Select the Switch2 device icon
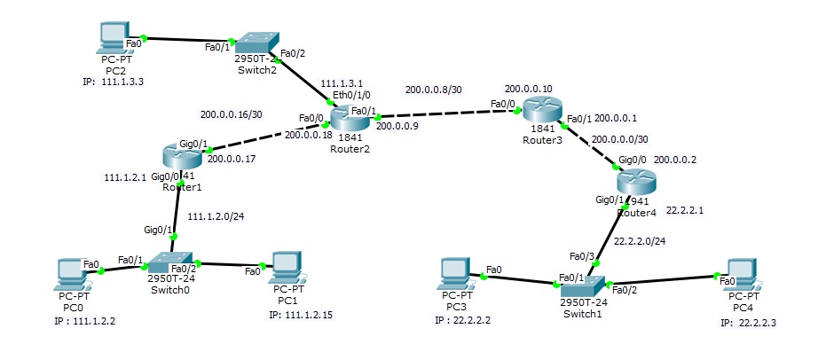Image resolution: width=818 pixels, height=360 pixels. pos(256,43)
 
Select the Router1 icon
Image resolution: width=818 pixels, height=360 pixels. pos(184,157)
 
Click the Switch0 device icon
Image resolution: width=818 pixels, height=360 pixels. pos(169,263)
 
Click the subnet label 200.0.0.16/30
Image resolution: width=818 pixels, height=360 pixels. pos(232,114)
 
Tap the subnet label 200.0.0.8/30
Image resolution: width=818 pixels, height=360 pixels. pos(433,90)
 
